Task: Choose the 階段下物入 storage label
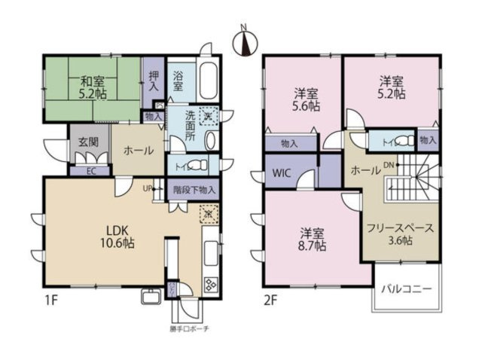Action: tap(193, 191)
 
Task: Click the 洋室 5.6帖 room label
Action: tap(305, 100)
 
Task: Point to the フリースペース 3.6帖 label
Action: tap(389, 234)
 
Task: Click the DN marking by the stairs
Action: tap(389, 166)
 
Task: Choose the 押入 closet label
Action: tap(153, 81)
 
